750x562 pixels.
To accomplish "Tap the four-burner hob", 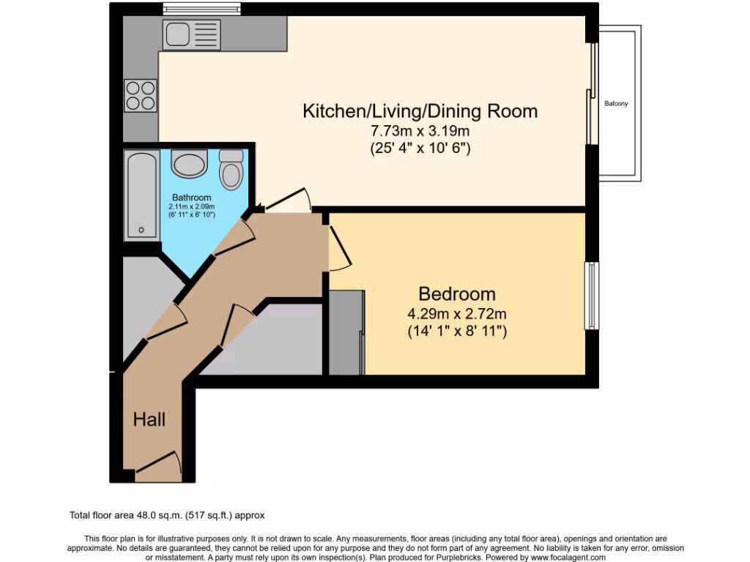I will click(x=141, y=95).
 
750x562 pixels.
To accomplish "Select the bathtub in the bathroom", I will click(x=140, y=195).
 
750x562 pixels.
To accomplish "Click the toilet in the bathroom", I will click(x=231, y=171).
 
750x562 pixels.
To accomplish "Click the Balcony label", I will click(x=616, y=104).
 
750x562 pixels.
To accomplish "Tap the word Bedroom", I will click(x=457, y=294).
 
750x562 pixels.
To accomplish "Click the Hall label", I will click(x=149, y=420).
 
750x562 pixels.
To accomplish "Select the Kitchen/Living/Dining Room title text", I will click(x=420, y=111).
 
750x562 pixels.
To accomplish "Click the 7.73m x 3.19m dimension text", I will click(x=420, y=132).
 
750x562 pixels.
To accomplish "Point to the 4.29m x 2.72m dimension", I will click(x=457, y=315).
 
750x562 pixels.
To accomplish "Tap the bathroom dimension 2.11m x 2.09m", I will click(x=192, y=206).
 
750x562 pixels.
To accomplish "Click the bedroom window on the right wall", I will click(x=591, y=296).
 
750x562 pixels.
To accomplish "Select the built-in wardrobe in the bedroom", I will click(x=346, y=332).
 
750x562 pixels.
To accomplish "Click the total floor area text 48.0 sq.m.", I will click(x=172, y=515).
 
